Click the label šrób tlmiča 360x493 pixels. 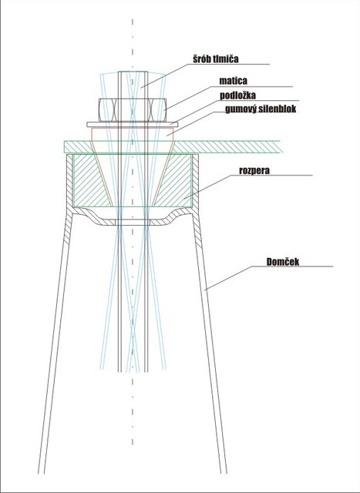[216, 59]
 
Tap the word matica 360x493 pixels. [233, 81]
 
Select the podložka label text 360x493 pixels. [237, 95]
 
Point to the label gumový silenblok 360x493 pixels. [261, 109]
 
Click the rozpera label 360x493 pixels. [254, 170]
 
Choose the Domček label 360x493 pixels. [283, 262]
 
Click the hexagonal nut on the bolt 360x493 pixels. [133, 110]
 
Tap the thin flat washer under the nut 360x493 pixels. [133, 125]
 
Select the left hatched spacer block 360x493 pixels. [91, 180]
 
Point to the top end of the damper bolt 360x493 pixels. [133, 72]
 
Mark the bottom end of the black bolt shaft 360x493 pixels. [133, 371]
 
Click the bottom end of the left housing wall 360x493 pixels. [41, 473]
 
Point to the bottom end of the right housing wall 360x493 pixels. [224, 473]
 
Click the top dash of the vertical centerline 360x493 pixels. [133, 22]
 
